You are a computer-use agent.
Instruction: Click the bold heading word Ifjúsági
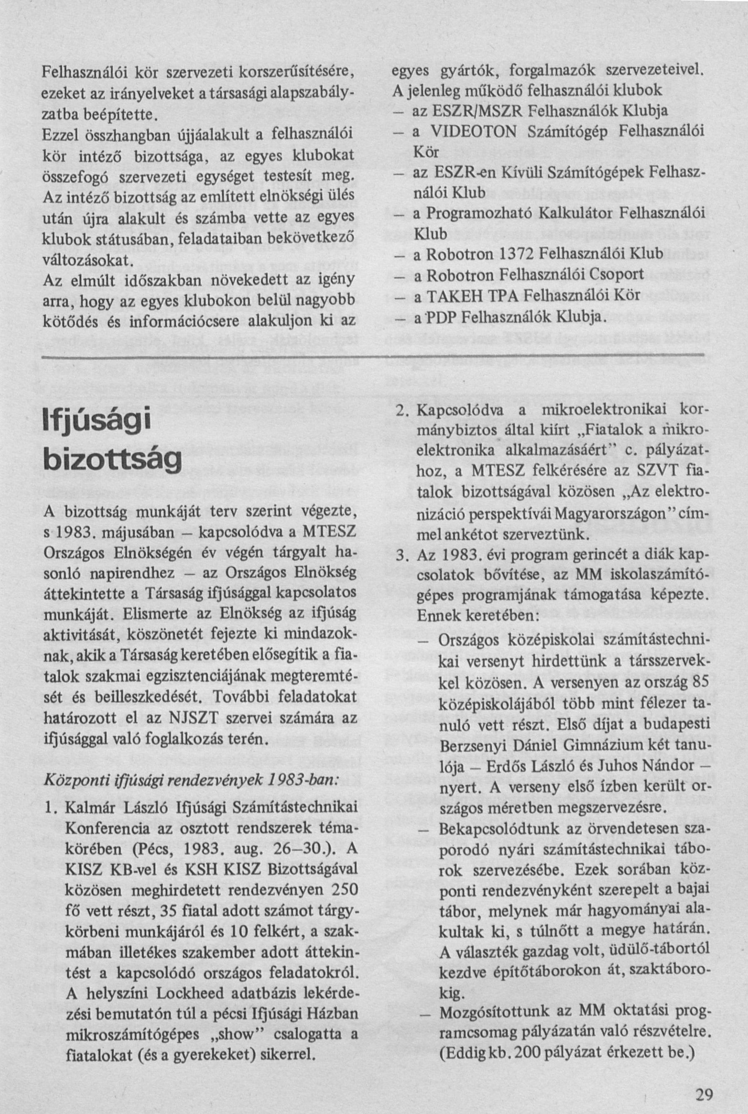click(x=96, y=421)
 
